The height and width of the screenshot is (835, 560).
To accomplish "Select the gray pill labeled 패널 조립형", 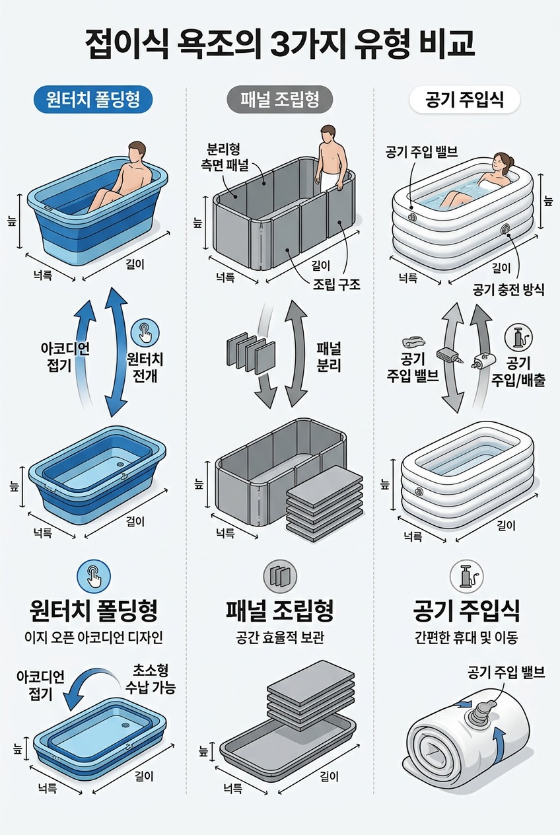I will pyautogui.click(x=279, y=100).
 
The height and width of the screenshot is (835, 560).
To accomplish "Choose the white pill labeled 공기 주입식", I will pyautogui.click(x=464, y=100).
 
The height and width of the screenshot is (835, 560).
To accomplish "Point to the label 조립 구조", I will pyautogui.click(x=335, y=285).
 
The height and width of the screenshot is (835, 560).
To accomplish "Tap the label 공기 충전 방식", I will pyautogui.click(x=509, y=289).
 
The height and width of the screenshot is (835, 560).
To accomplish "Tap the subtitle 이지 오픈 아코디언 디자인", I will pyautogui.click(x=92, y=637).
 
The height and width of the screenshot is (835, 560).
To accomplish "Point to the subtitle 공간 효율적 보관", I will pyautogui.click(x=279, y=638).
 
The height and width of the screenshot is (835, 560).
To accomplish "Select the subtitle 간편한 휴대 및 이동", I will pyautogui.click(x=466, y=637).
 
